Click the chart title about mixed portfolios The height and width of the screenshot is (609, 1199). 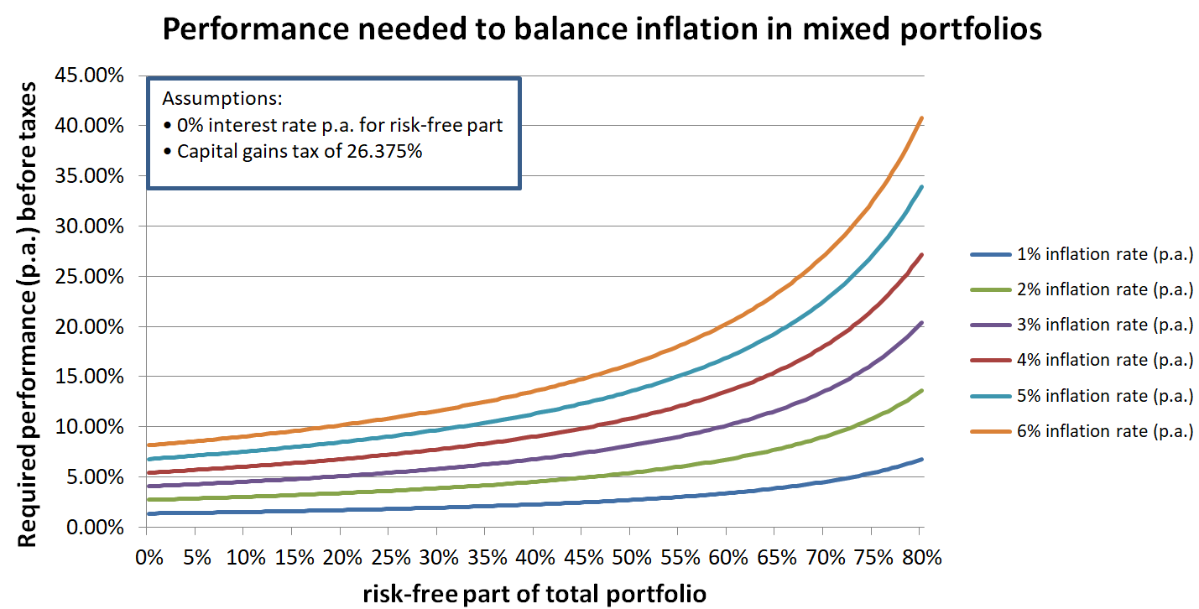(602, 29)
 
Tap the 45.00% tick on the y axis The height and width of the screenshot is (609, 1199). (89, 75)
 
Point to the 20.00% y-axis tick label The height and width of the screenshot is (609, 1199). (89, 326)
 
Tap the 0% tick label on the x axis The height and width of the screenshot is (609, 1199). (147, 557)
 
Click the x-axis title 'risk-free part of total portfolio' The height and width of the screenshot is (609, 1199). (534, 594)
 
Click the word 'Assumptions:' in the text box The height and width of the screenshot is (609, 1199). (222, 99)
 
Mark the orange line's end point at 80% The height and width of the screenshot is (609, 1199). (922, 117)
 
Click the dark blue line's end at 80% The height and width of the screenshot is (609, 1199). (922, 459)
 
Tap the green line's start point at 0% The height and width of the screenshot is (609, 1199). (148, 499)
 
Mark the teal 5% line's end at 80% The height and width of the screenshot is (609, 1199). (922, 186)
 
